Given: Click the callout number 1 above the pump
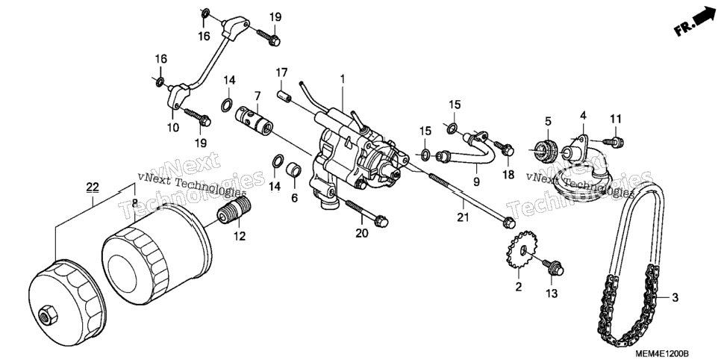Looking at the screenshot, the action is tap(342, 78).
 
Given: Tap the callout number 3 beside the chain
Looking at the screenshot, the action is tap(675, 298).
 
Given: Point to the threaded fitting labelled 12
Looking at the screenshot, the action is tap(234, 210).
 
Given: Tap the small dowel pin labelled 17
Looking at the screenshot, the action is tap(284, 96).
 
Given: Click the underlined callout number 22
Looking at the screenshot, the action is tap(93, 187).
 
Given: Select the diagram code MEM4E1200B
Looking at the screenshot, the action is tap(662, 354).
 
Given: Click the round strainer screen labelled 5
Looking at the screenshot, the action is tap(547, 147).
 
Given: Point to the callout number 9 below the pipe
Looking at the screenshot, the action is tap(476, 181).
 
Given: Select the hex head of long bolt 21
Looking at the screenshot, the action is tap(508, 223).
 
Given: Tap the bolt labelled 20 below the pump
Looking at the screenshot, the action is tap(366, 213).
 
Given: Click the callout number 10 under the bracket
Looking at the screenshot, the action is tap(173, 128).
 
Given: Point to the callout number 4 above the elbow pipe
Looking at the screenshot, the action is tap(583, 115).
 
